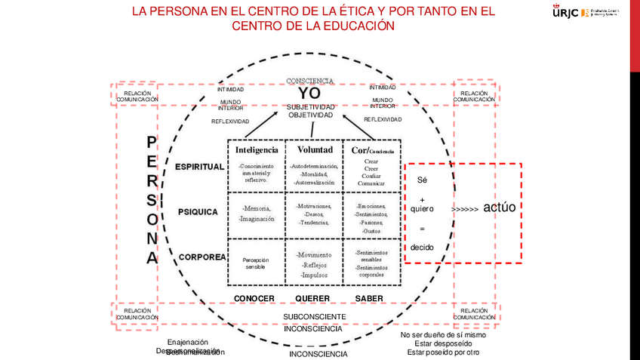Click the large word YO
[x=309, y=94]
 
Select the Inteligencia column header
[x=257, y=149]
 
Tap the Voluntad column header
[x=314, y=149]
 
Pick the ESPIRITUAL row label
[x=199, y=167]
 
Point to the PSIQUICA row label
[x=198, y=212]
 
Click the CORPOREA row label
[x=202, y=257]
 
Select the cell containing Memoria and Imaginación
[x=257, y=213]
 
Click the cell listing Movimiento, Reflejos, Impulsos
[x=314, y=264]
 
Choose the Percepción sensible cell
[x=257, y=263]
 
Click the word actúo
[x=499, y=208]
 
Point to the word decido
[x=423, y=248]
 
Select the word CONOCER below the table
[x=254, y=299]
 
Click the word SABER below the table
[x=369, y=299]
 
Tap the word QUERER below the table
[x=312, y=299]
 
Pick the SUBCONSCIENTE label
[x=315, y=317]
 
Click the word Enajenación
[x=187, y=342]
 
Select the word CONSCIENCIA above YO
[x=309, y=81]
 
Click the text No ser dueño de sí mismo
[x=443, y=335]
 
